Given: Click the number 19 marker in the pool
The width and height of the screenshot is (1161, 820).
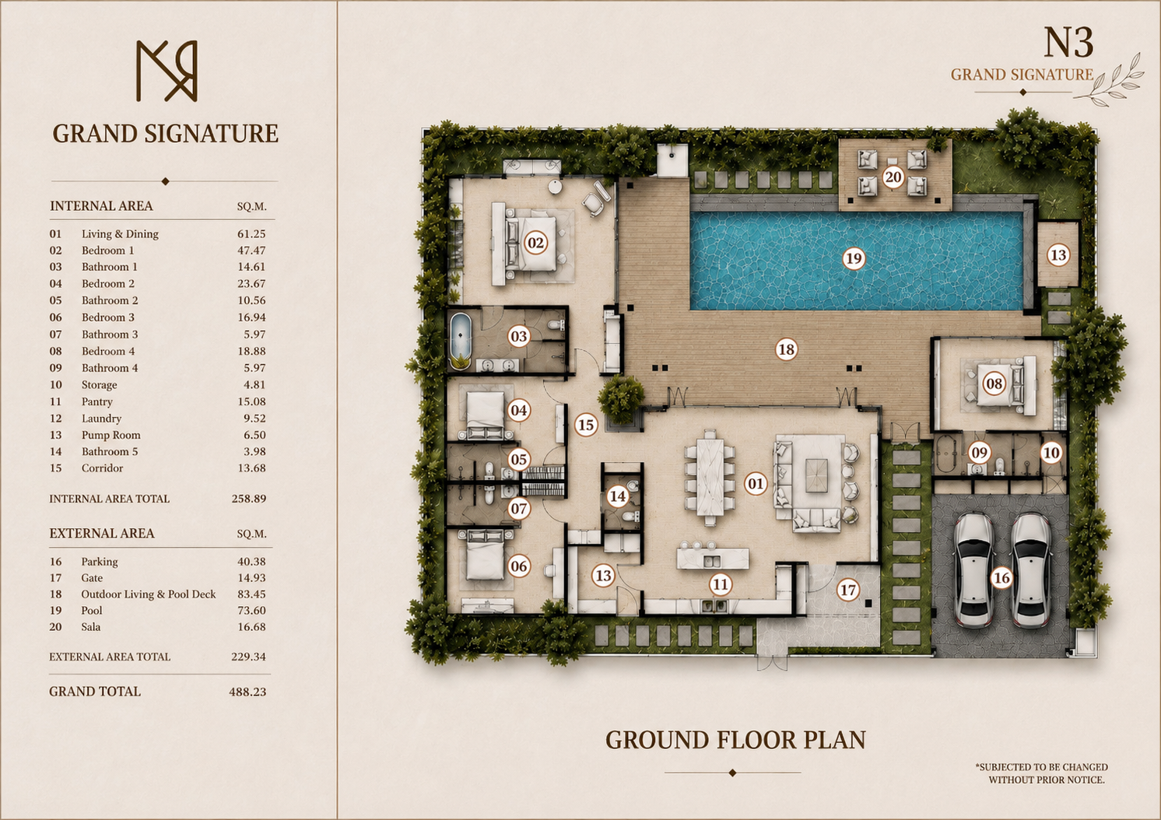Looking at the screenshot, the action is (854, 258).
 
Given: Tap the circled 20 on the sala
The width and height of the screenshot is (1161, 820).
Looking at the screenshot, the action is (893, 177).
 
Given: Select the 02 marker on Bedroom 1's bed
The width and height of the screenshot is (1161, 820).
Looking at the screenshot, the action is (535, 243).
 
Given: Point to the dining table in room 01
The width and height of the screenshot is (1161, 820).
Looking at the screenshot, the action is (710, 476).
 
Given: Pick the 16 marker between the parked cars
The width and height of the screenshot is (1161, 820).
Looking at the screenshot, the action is (1001, 577).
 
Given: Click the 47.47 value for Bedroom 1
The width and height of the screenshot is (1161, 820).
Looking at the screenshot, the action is (251, 251).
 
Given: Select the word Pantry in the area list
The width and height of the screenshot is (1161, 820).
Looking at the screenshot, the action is (97, 401).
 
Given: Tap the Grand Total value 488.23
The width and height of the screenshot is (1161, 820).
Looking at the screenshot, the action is (247, 692).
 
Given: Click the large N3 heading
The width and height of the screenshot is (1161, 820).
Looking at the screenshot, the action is (1068, 43).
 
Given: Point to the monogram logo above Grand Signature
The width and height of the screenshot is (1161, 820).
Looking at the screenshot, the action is (167, 71).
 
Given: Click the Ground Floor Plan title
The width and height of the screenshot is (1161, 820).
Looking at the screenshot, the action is (735, 740).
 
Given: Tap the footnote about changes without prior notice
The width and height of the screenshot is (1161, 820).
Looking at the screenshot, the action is (1041, 773).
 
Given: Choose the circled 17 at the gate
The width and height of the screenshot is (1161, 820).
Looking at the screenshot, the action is (848, 590).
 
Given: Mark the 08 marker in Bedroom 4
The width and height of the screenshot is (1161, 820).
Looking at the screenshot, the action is (994, 384).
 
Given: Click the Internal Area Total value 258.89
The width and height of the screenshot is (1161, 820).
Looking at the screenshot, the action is (249, 499).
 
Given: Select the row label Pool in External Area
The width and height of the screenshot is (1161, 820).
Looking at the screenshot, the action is (92, 610).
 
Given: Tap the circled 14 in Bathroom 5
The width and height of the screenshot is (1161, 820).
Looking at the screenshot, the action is (617, 496).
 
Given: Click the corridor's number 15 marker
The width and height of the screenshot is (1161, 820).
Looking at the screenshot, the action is (586, 425).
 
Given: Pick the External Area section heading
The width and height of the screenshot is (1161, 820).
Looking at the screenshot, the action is (102, 534).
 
